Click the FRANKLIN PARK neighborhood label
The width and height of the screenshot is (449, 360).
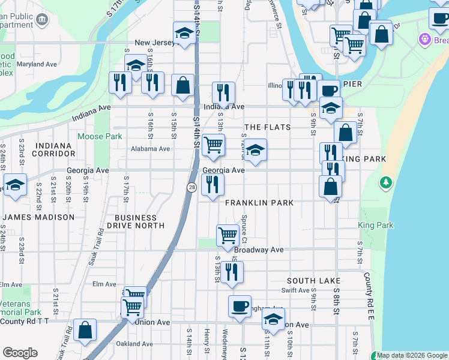259,203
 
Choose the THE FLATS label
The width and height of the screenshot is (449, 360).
268,127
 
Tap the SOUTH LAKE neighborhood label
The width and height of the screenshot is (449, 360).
313,281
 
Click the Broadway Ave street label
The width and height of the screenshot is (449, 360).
259,250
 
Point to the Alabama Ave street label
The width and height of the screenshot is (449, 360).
151,149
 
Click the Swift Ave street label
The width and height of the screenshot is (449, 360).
295,290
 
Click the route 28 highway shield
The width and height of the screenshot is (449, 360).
191,188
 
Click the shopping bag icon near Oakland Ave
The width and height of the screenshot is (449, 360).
85,329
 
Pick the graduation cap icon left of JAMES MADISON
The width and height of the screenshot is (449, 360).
15,184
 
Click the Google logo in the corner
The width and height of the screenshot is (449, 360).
20,353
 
